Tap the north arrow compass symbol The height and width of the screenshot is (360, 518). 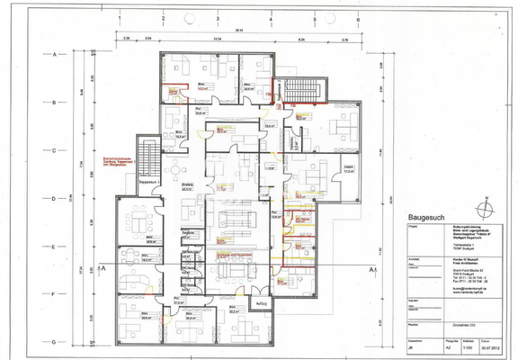(x=487, y=209)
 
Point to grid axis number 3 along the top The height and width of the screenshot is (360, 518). (x=217, y=17)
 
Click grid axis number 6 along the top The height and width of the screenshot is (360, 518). (x=358, y=17)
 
